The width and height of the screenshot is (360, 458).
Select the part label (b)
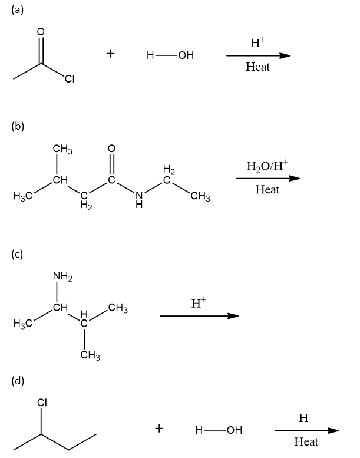pos(17,126)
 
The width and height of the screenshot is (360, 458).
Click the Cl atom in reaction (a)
pos(70,81)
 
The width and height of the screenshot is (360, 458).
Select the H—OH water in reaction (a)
pos(170,56)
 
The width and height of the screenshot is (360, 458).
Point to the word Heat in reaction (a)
pos(257,67)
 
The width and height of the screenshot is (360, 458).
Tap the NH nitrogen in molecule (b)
pos(138,197)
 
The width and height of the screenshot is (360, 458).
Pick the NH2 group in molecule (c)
pos(62,275)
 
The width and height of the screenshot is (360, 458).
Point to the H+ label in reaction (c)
pos(199,303)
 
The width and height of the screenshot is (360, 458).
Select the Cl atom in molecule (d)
pos(42,403)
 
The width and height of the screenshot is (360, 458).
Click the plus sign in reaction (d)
pos(159,429)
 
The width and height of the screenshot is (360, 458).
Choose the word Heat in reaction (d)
pos(306,441)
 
